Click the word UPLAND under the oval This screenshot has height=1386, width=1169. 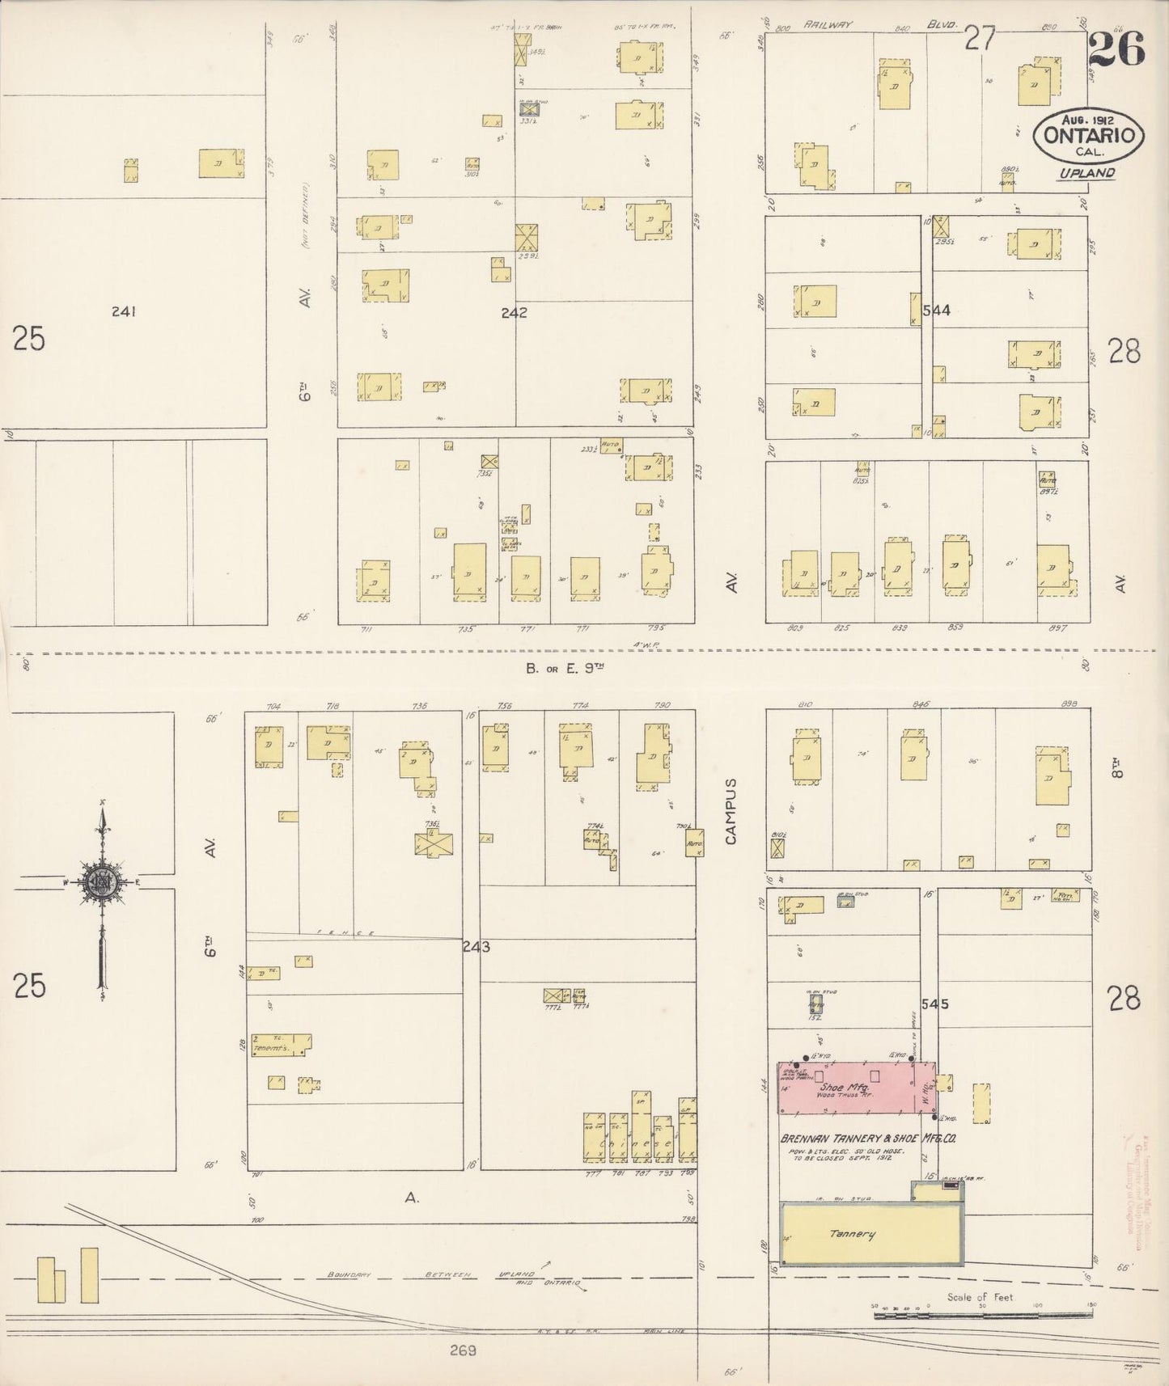(x=1087, y=173)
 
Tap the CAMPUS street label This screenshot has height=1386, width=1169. (x=731, y=812)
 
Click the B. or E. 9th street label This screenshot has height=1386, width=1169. (x=565, y=668)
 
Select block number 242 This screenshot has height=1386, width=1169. (x=514, y=312)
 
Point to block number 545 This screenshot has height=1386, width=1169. (x=934, y=1004)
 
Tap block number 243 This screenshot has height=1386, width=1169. (x=476, y=946)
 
